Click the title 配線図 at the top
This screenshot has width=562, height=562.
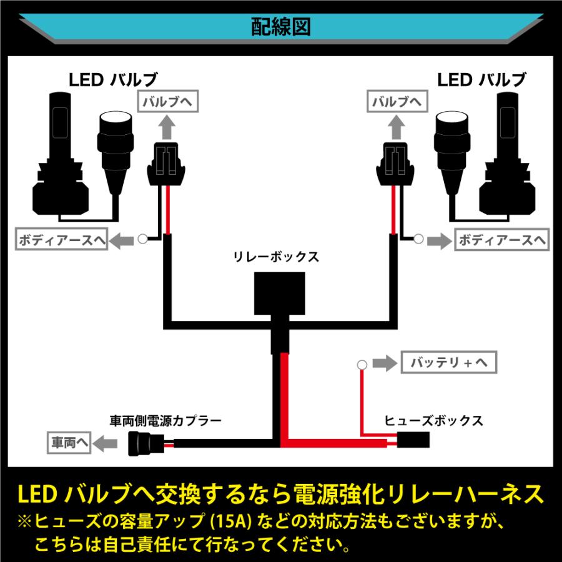click(x=281, y=26)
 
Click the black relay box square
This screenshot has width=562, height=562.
click(x=280, y=293)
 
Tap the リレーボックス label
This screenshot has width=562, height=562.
click(x=275, y=257)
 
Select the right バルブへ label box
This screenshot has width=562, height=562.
click(x=395, y=102)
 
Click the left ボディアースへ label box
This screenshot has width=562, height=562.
click(x=61, y=240)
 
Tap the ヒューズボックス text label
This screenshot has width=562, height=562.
click(x=434, y=420)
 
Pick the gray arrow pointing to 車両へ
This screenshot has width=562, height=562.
click(x=108, y=444)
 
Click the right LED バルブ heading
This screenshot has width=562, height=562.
click(x=481, y=79)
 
